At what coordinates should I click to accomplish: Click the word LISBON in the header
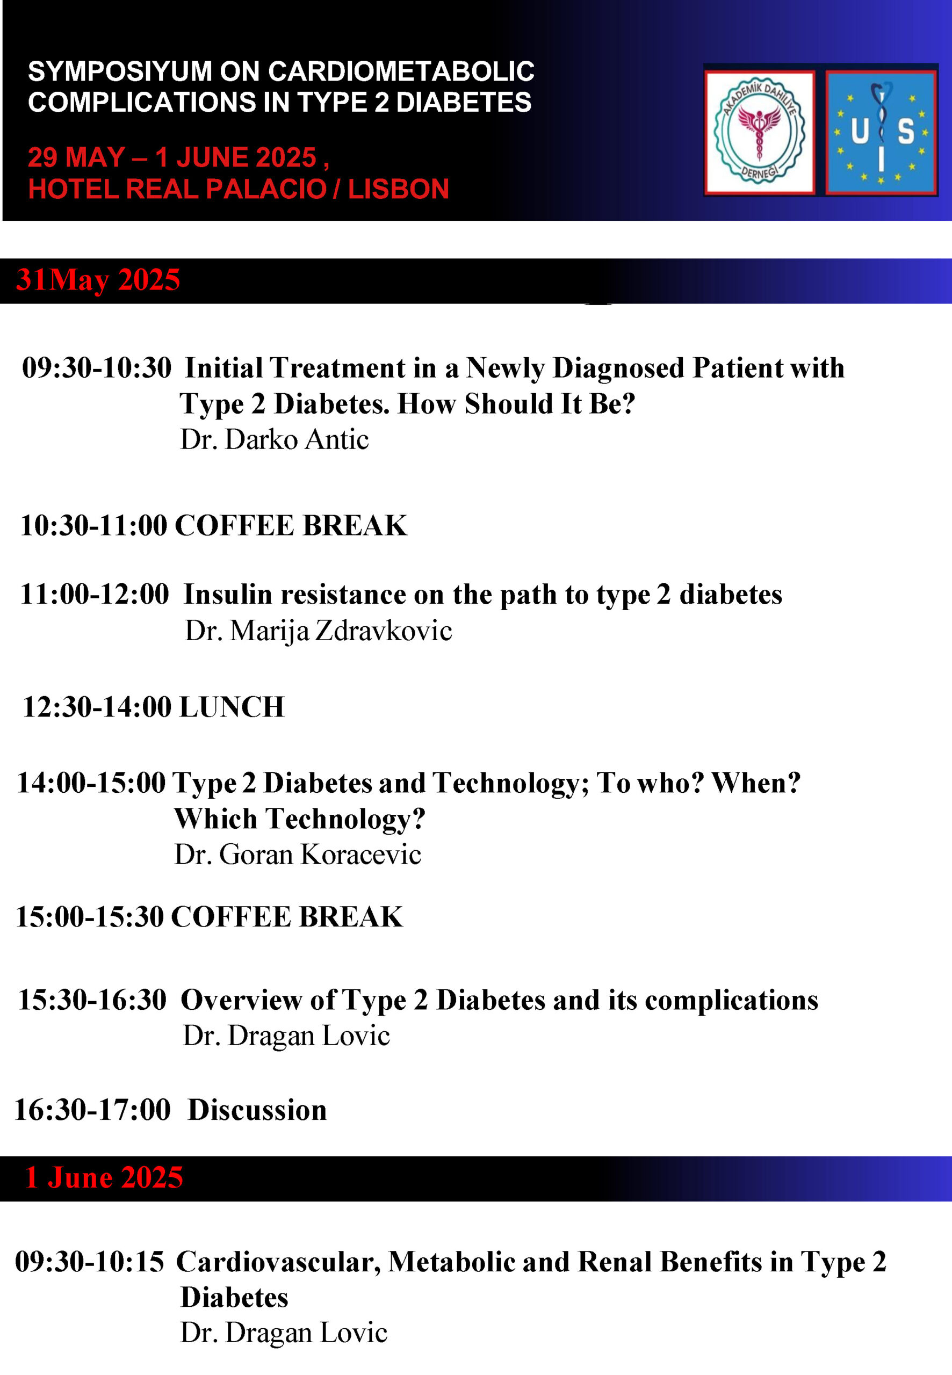[399, 189]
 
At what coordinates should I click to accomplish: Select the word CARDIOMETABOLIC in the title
[401, 71]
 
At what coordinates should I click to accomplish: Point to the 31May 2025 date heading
[98, 280]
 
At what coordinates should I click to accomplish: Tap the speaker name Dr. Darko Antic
[275, 439]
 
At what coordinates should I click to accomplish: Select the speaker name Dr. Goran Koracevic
[298, 855]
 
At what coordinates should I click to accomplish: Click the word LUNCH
[232, 707]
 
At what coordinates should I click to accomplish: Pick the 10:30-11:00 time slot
[93, 526]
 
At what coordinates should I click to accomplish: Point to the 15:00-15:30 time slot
[90, 917]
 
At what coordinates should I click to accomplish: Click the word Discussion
[258, 1110]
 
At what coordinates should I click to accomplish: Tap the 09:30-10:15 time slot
[90, 1262]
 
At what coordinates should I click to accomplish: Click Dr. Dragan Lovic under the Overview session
[286, 1036]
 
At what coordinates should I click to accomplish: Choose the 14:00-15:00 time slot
[91, 783]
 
